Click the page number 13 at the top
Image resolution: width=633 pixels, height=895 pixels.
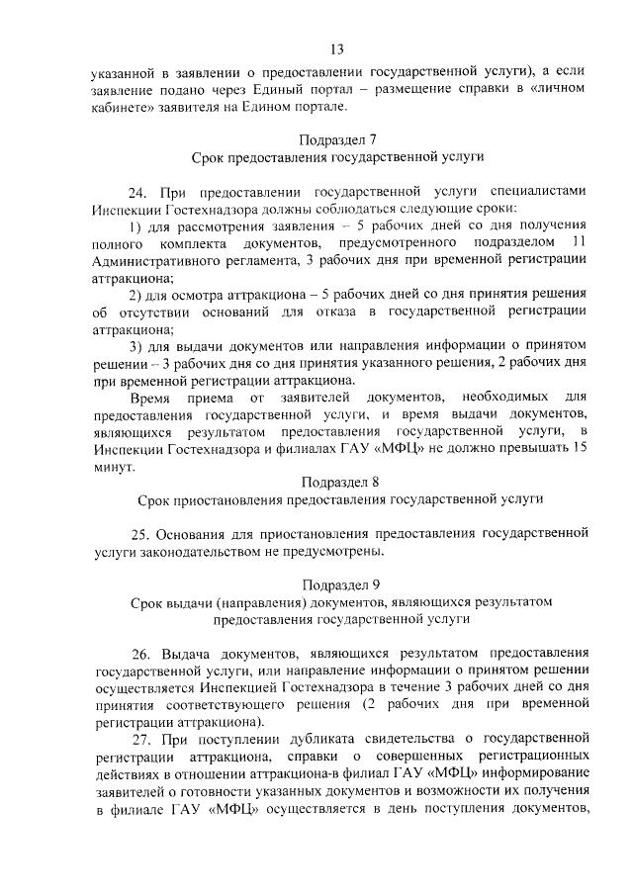(x=337, y=49)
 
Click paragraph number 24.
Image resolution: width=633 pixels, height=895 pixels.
(x=141, y=190)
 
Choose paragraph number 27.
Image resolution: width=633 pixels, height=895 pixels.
(x=143, y=740)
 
